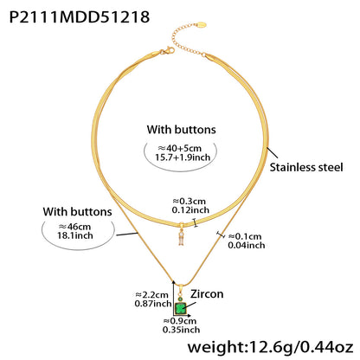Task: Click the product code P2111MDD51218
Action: click(x=80, y=17)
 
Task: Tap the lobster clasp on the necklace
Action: click(x=168, y=51)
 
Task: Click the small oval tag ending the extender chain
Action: click(x=202, y=24)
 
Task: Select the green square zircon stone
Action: click(x=181, y=308)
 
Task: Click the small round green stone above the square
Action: click(x=181, y=299)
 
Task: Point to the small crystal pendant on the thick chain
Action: click(x=181, y=235)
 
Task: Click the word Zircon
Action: click(x=207, y=294)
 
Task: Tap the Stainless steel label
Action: click(x=306, y=167)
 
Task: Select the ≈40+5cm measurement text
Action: click(x=179, y=148)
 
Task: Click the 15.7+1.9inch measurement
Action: click(x=183, y=157)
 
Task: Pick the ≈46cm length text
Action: click(x=74, y=227)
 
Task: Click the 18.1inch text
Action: click(x=75, y=235)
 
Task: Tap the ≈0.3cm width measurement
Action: click(x=190, y=201)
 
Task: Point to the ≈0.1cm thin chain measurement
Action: click(x=245, y=236)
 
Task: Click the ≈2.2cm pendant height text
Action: click(x=151, y=295)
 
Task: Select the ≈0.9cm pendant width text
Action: click(x=180, y=321)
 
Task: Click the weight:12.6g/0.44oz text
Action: click(x=270, y=347)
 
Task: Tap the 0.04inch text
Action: click(x=247, y=245)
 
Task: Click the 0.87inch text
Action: click(x=153, y=304)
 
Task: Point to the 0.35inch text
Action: click(x=181, y=330)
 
